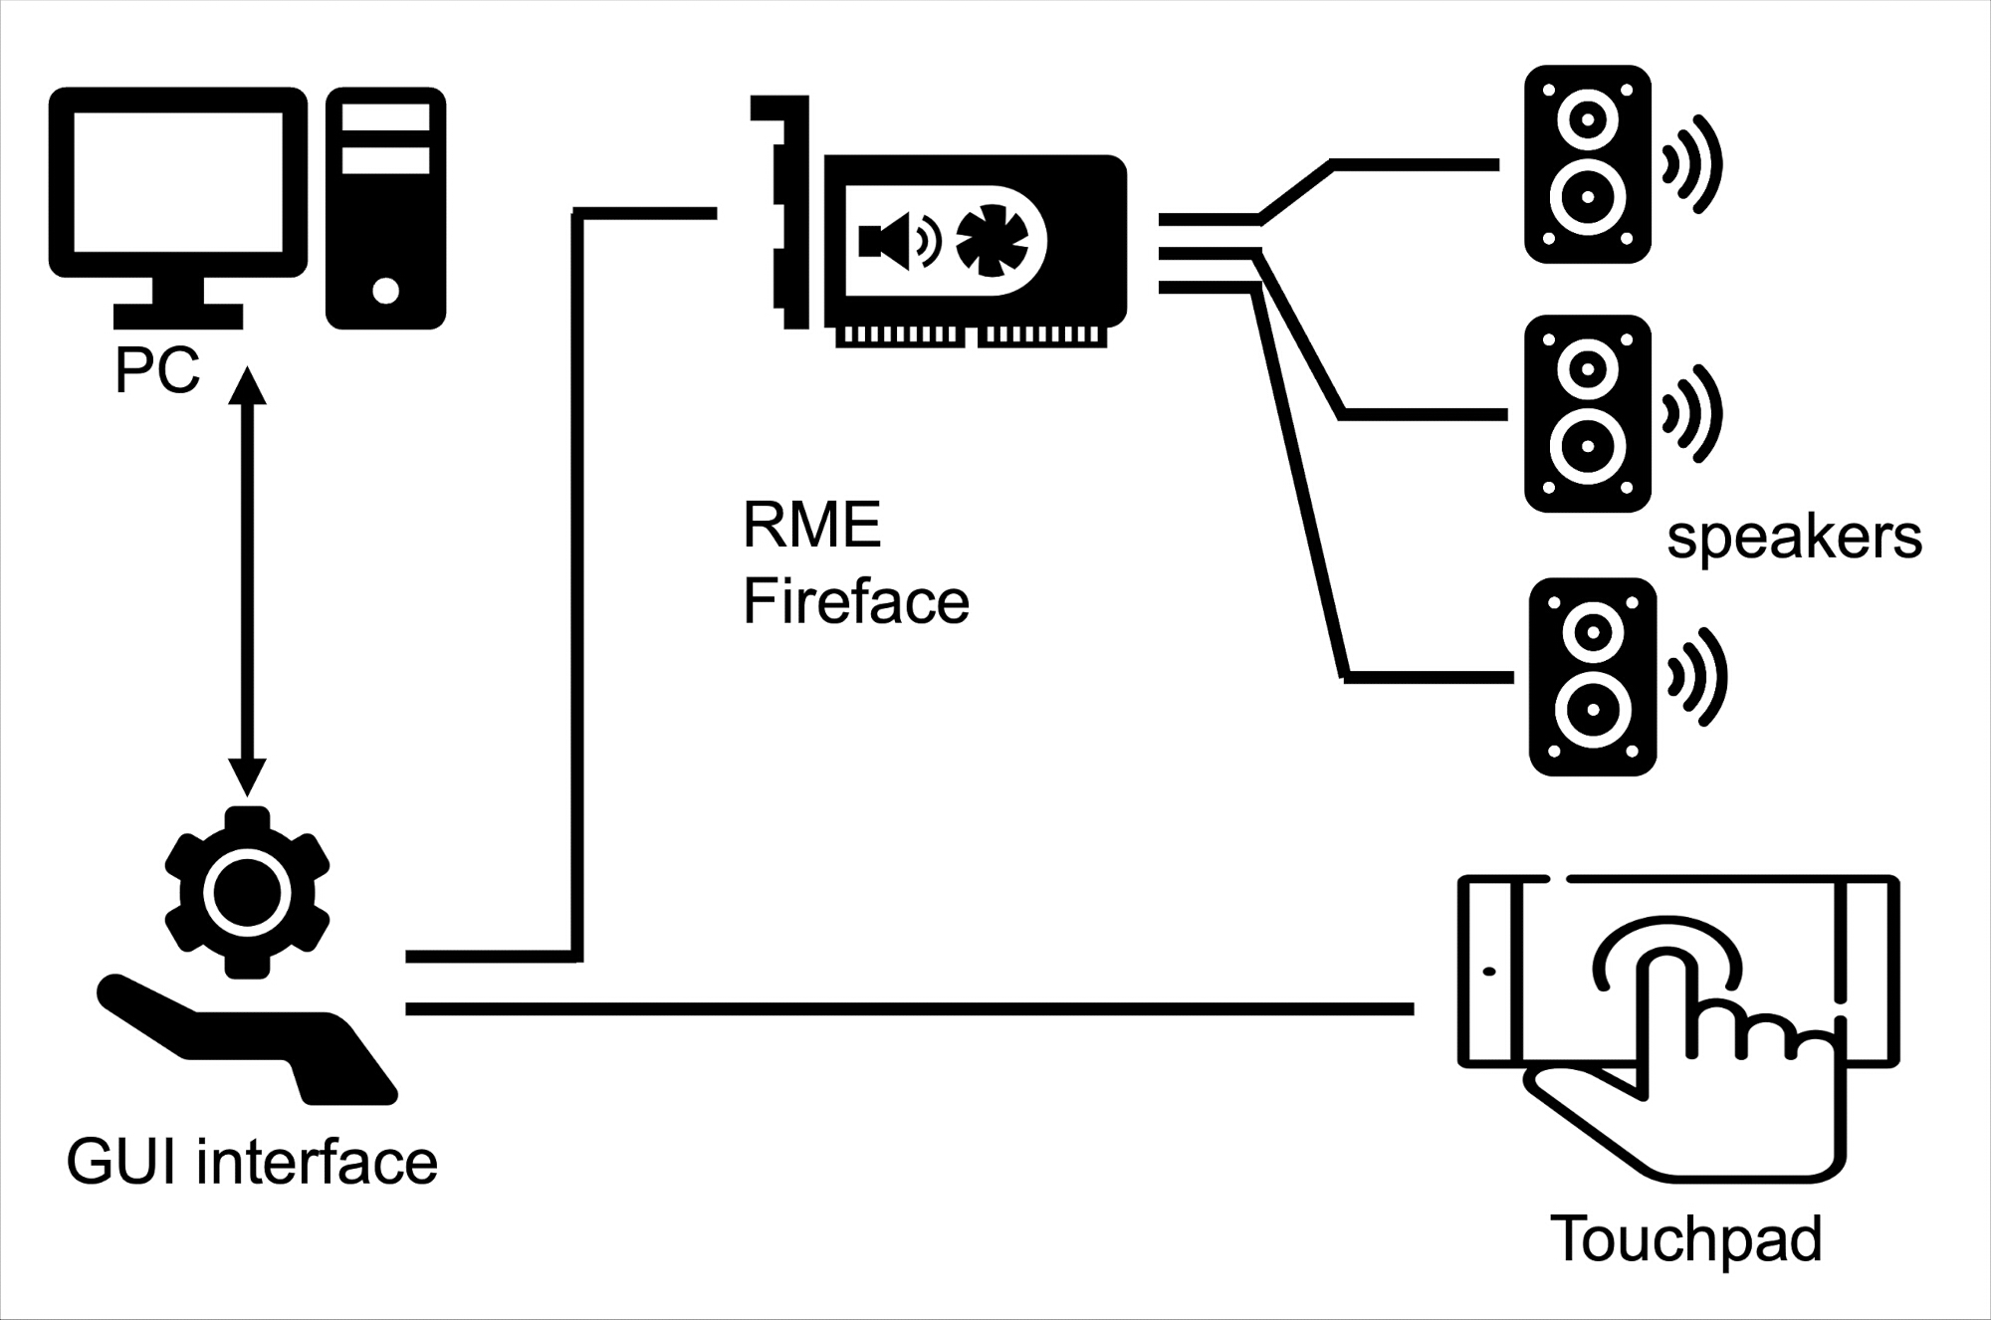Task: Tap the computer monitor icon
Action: [178, 208]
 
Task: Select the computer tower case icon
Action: [385, 208]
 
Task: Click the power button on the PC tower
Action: [385, 291]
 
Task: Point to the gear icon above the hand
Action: [247, 892]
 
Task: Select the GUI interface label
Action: [252, 1163]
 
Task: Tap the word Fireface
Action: [856, 601]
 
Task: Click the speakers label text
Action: [1794, 539]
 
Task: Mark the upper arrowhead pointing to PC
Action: [248, 383]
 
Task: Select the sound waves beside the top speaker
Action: [1691, 164]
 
